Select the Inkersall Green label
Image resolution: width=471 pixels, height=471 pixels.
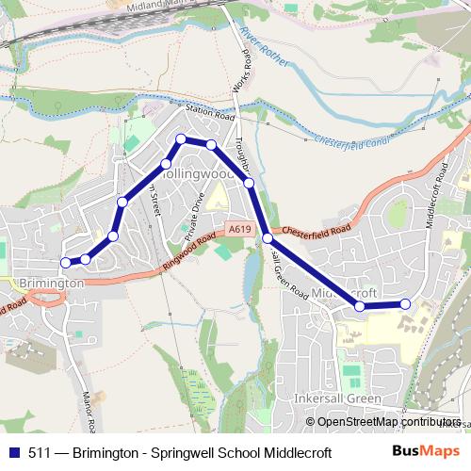click(336, 398)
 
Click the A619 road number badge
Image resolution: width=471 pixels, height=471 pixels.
click(238, 227)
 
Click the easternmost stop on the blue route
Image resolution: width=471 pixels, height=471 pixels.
click(406, 303)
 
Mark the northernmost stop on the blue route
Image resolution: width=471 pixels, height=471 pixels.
click(181, 139)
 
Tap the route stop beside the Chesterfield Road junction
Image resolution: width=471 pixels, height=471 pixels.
click(268, 238)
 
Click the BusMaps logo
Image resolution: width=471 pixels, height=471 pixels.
click(424, 450)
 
